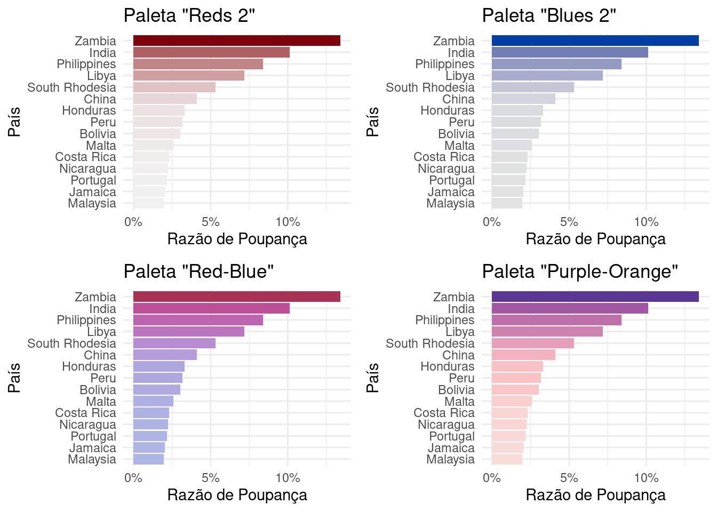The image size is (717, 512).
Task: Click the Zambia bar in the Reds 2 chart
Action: point(236,41)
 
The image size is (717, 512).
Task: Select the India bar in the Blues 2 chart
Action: point(569,52)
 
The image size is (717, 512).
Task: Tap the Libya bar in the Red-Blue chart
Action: point(188,332)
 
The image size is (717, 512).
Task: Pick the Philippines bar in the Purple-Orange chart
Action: point(556,320)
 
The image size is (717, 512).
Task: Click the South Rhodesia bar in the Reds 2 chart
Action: point(174,87)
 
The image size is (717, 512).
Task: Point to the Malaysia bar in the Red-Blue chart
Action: point(148,459)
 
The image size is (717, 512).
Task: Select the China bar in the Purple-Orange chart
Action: point(523,355)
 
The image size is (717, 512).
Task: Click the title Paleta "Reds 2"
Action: point(189,15)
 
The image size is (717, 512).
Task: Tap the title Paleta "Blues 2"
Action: point(549,15)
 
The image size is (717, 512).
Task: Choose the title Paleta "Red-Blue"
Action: point(198,271)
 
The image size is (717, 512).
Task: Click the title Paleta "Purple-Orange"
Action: point(580,271)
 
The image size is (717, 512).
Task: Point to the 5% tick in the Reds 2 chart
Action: point(211,222)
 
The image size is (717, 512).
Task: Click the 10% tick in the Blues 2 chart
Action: point(646,222)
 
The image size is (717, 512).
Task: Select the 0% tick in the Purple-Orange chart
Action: point(491,478)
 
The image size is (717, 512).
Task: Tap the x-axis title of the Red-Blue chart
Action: point(237,495)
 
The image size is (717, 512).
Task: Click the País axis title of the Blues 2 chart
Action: point(373,122)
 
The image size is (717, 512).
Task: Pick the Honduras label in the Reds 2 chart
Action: point(89,110)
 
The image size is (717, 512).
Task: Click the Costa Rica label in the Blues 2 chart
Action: point(444,157)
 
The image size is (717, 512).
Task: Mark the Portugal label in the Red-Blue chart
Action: point(93,436)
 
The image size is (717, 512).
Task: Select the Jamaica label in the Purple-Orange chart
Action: point(451,448)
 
